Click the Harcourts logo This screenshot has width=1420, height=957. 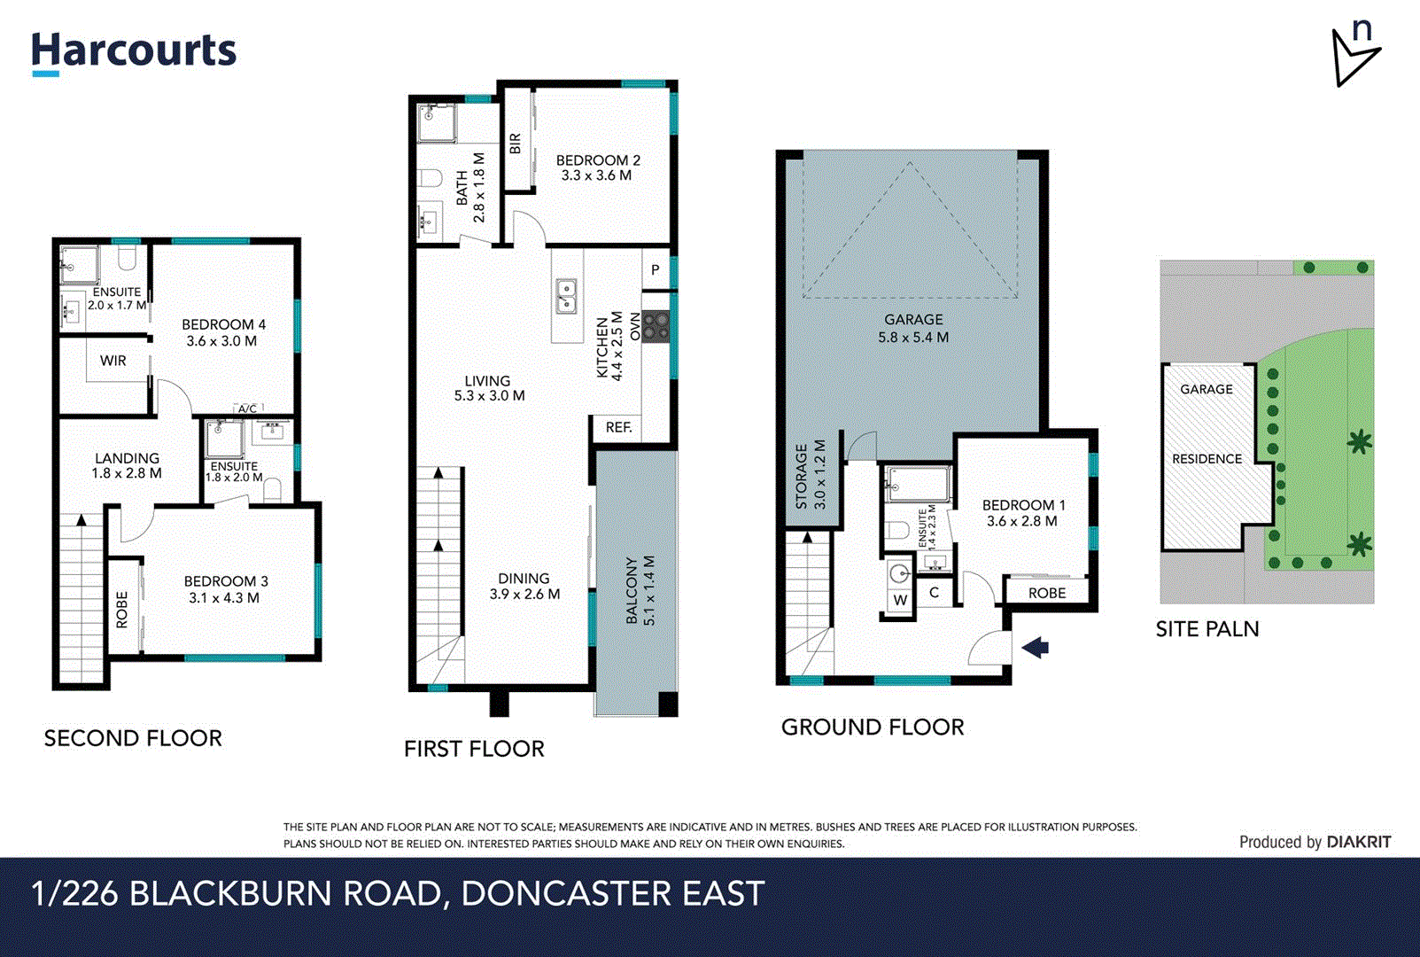134,52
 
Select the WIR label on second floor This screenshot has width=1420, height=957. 113,361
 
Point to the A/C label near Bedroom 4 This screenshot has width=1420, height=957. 247,408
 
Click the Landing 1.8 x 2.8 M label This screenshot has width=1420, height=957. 127,465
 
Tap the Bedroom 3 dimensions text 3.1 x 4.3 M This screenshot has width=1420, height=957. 224,598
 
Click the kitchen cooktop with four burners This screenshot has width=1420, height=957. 656,325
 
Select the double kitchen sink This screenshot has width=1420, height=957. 565,297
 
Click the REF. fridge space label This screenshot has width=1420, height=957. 618,427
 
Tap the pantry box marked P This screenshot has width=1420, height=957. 655,270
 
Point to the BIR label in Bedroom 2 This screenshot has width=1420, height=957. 516,144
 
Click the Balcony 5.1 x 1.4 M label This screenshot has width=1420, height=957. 640,590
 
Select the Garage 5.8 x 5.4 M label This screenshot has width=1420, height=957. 913,328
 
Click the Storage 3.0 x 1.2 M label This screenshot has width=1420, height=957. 810,476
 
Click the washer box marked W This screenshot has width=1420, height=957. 900,600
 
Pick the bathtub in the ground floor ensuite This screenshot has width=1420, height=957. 918,485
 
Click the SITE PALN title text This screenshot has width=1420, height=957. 1207,629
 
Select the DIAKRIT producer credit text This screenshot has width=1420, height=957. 1358,842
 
